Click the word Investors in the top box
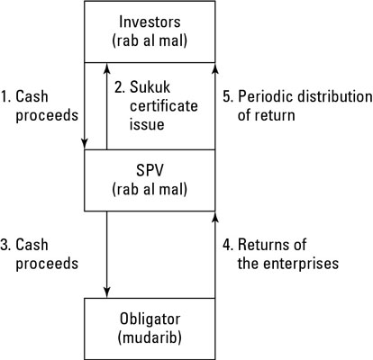point(150,21)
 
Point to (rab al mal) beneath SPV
point(150,189)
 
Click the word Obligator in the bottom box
point(150,319)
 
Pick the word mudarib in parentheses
point(150,338)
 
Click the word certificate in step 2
point(154,106)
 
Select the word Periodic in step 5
point(269,96)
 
